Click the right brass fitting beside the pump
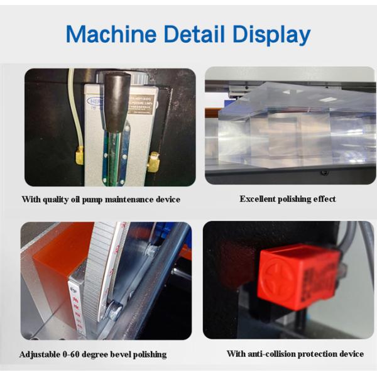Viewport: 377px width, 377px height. coord(153,163)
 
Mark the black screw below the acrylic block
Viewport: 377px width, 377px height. coord(324,173)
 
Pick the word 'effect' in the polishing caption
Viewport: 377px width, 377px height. coord(323,199)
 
